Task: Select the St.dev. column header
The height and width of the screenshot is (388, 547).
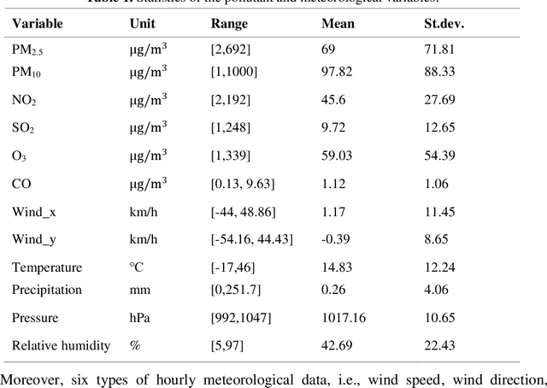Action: pyautogui.click(x=444, y=24)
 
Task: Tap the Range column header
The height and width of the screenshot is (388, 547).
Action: pyautogui.click(x=229, y=24)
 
